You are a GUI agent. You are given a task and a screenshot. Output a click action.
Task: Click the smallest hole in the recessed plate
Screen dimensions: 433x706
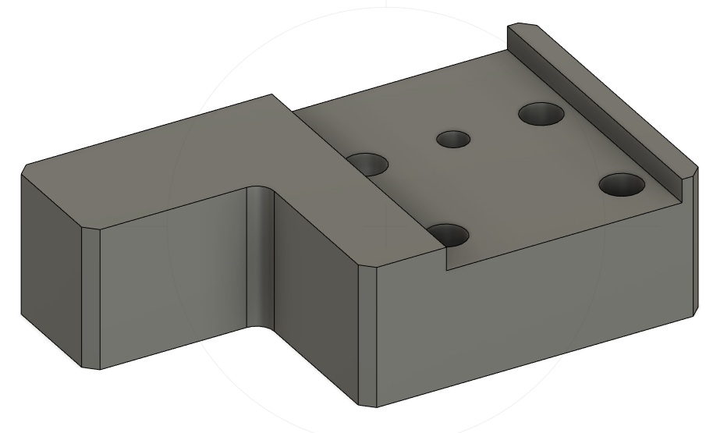[453, 140]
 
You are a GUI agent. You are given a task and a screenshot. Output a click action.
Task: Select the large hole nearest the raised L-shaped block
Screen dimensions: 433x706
[368, 165]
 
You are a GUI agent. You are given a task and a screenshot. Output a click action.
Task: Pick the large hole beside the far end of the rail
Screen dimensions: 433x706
[542, 115]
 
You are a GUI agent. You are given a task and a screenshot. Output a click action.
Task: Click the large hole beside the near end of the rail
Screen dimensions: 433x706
[622, 185]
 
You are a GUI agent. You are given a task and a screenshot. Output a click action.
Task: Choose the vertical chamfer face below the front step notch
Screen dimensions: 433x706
[369, 335]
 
